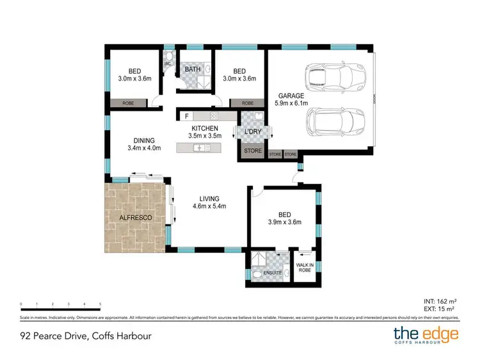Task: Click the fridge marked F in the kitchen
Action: click(186, 117)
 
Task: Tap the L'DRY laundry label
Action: click(252, 131)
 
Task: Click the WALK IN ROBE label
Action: click(303, 267)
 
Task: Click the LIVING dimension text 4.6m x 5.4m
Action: click(209, 206)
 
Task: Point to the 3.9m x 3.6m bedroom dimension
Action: click(284, 222)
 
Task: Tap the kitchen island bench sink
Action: click(200, 148)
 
